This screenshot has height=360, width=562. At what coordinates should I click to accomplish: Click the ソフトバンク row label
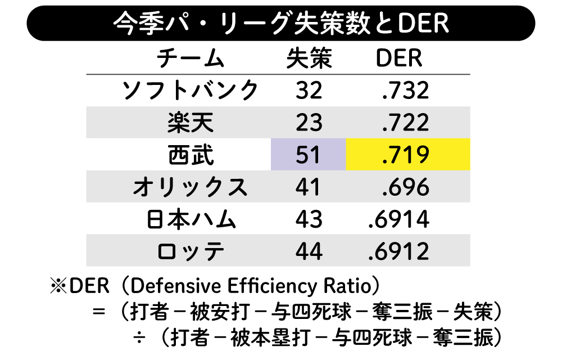[191, 91]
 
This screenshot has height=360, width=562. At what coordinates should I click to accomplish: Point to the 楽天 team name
[191, 123]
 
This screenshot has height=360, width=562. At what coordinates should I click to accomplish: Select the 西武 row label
[191, 155]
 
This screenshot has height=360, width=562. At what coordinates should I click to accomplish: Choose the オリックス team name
[191, 187]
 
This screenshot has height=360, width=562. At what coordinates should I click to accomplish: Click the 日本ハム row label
[191, 219]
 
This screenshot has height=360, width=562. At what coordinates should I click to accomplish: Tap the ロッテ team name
[191, 251]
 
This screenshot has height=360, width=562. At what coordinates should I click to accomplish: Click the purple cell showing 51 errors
[309, 155]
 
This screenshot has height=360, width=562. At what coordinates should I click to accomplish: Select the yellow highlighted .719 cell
[407, 155]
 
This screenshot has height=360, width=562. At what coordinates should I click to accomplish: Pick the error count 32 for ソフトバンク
[309, 91]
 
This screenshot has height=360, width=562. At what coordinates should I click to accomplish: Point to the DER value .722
[405, 123]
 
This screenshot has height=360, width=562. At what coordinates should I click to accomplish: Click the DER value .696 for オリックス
[405, 187]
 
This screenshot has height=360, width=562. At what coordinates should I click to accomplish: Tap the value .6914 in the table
[399, 219]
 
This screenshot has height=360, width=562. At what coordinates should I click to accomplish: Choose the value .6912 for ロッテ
[399, 251]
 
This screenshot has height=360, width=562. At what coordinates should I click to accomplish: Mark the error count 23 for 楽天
[309, 123]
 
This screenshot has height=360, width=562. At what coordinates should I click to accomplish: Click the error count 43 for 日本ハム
[309, 219]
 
